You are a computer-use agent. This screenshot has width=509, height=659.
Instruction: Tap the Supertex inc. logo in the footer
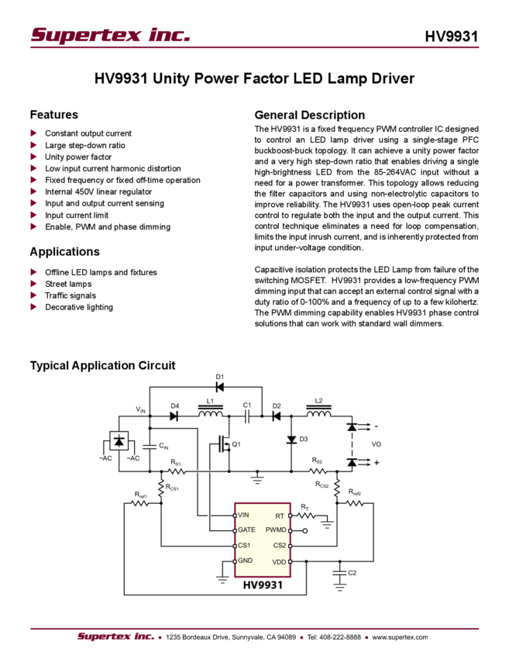tap(115, 637)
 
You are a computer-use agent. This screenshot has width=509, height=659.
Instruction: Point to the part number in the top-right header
tap(458, 36)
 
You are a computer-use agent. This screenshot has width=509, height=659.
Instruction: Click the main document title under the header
tap(260, 79)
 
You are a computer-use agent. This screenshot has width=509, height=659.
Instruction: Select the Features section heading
tap(55, 115)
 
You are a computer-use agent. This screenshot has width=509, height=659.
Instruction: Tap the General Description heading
tap(309, 115)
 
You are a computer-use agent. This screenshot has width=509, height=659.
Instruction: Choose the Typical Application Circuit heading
tap(104, 365)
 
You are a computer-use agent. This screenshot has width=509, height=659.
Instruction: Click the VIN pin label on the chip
tap(244, 515)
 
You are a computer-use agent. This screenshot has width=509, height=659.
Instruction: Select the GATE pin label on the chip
tap(246, 530)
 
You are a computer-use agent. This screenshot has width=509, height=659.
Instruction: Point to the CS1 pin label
tap(244, 545)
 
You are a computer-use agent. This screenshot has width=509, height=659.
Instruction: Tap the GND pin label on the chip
tap(245, 560)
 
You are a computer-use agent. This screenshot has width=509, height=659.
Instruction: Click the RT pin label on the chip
tap(280, 515)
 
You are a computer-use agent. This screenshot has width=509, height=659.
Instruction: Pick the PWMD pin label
tap(276, 530)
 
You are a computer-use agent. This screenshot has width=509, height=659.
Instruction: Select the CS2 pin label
tap(279, 545)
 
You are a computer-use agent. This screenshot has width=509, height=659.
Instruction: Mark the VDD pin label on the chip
tap(278, 560)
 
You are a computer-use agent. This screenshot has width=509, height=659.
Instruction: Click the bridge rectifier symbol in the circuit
tap(119, 441)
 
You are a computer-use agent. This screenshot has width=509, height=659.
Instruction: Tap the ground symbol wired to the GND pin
tap(222, 578)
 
